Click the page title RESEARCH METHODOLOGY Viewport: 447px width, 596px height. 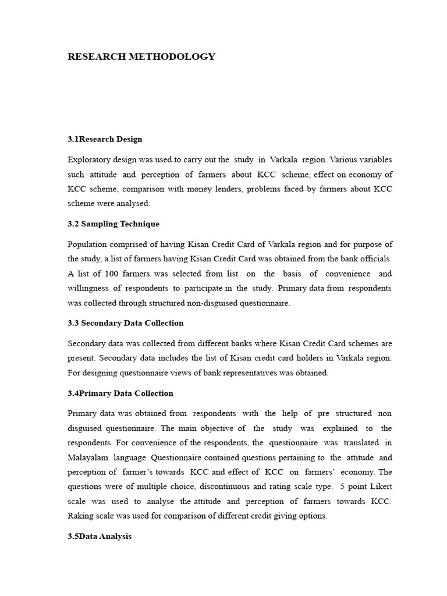[141, 57]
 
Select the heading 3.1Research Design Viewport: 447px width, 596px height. [105, 139]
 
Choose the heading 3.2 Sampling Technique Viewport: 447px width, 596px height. [113, 223]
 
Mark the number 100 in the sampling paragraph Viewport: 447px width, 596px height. [112, 273]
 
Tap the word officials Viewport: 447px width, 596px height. [374, 258]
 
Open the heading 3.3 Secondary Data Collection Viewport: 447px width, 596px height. [125, 322]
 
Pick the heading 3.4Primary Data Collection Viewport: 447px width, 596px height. [120, 393]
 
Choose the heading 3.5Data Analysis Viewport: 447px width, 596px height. [100, 536]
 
